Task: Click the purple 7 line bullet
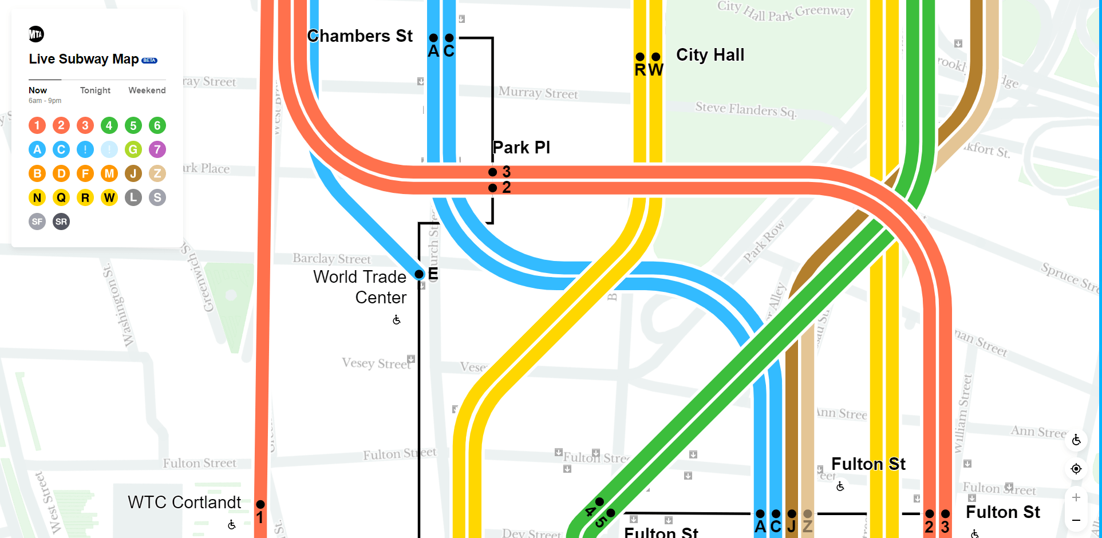point(157,149)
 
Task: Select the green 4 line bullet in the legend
point(109,125)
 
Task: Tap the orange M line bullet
point(109,173)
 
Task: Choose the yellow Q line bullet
point(61,197)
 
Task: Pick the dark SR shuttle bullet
point(61,221)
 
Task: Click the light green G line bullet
point(133,149)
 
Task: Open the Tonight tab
point(95,90)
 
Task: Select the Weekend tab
point(147,90)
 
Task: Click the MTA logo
point(36,34)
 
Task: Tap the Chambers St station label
point(360,36)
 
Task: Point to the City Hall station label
point(710,55)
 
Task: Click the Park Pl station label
point(521,148)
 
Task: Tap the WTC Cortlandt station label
point(184,502)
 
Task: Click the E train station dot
point(419,274)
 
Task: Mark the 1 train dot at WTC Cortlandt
point(260,504)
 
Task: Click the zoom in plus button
point(1076,497)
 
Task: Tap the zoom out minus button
point(1076,520)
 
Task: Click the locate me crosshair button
point(1076,469)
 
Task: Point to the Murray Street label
point(538,93)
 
